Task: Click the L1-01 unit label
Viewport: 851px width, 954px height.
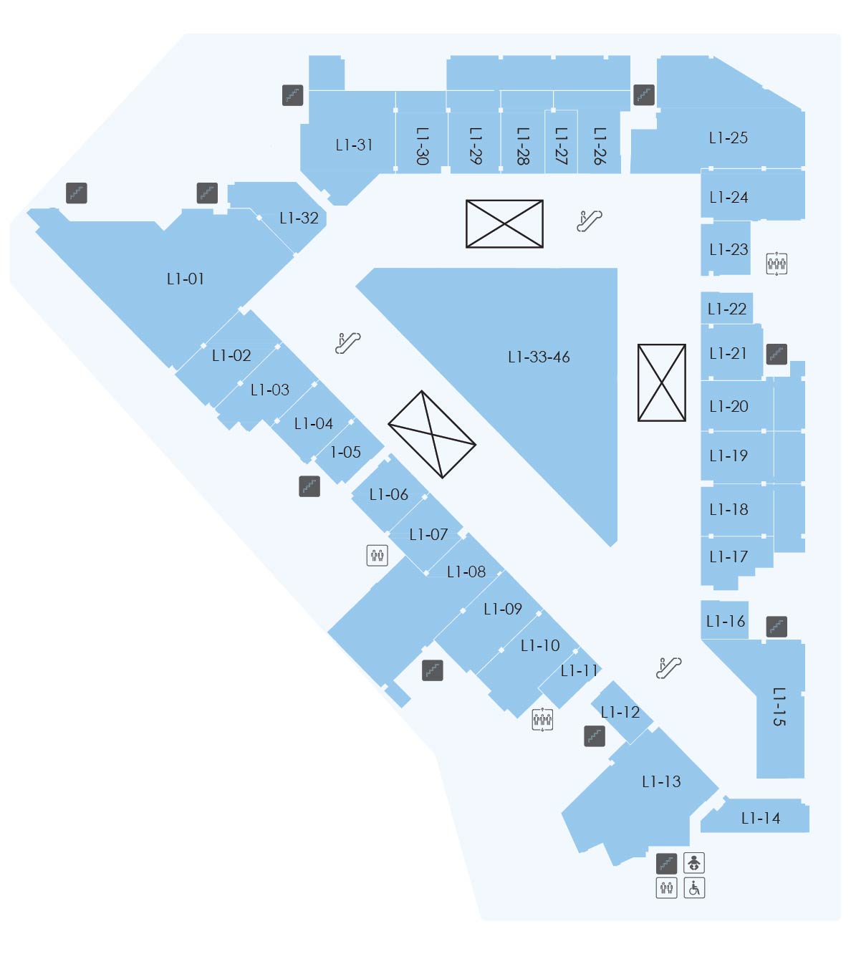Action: (185, 279)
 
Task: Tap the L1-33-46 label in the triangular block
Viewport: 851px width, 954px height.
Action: (539, 357)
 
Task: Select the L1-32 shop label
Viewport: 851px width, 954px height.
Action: (299, 218)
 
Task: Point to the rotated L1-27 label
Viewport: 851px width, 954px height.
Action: (561, 146)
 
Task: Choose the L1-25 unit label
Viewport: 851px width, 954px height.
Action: (728, 138)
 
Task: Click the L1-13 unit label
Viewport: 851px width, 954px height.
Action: (661, 781)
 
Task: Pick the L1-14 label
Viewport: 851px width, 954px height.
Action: (761, 818)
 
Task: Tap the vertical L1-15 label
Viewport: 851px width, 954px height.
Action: (779, 706)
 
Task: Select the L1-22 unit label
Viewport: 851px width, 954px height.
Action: (727, 309)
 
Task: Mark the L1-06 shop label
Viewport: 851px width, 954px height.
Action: (388, 494)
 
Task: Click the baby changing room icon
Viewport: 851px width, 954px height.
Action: (694, 863)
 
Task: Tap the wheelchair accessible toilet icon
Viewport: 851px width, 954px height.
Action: (694, 888)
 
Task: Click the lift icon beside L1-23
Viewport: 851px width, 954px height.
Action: (777, 264)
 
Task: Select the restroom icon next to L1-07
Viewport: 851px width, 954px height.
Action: (378, 556)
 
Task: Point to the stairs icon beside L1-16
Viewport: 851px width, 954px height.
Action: (777, 627)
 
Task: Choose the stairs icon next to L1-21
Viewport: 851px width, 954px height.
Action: (777, 354)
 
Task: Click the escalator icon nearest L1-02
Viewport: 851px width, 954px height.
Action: (348, 343)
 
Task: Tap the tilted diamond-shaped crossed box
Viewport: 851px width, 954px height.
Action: (432, 435)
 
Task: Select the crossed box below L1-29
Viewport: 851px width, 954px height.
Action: (504, 223)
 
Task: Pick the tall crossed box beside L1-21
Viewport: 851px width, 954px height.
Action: (662, 382)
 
